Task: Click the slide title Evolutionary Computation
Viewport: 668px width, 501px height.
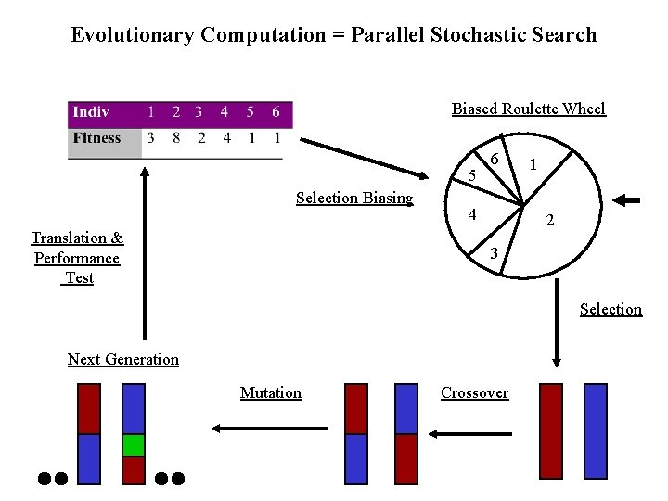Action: click(x=334, y=35)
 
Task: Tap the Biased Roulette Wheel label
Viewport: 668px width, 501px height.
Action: click(x=528, y=109)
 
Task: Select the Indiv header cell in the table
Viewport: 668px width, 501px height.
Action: click(x=91, y=112)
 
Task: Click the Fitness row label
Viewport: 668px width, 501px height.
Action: click(x=97, y=138)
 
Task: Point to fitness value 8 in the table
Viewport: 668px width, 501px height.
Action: click(x=175, y=138)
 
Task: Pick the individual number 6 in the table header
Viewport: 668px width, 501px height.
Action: click(x=276, y=112)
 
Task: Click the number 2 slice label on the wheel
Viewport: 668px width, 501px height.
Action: click(x=550, y=221)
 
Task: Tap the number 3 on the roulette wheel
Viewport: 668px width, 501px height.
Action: click(x=494, y=253)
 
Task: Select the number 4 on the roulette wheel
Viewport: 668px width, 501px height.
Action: click(x=472, y=214)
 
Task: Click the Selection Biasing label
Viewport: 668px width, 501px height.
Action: click(x=354, y=198)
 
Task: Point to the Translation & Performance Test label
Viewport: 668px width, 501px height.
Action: click(x=77, y=258)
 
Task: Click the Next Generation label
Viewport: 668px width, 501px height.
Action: click(x=123, y=359)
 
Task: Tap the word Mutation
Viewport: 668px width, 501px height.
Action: click(x=271, y=392)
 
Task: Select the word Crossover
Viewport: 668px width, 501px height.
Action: click(x=474, y=392)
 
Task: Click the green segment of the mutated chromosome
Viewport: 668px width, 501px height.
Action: click(x=134, y=445)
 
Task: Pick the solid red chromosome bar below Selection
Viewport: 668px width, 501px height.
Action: click(x=551, y=433)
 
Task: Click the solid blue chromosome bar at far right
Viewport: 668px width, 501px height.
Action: click(x=596, y=433)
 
